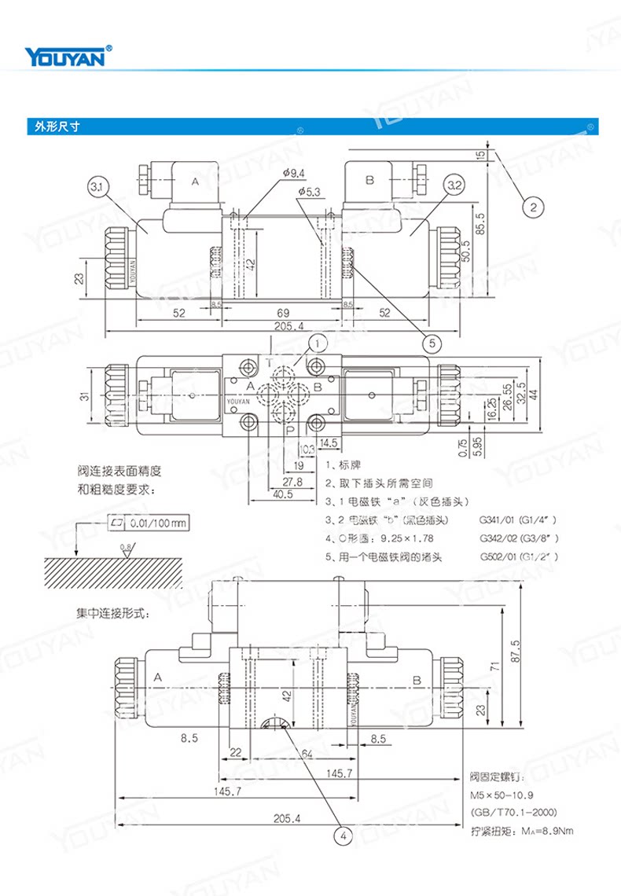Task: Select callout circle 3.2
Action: pyautogui.click(x=454, y=186)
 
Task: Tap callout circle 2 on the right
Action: pyautogui.click(x=532, y=207)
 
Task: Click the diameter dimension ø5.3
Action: pyautogui.click(x=309, y=191)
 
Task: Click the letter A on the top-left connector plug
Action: pyautogui.click(x=196, y=182)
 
